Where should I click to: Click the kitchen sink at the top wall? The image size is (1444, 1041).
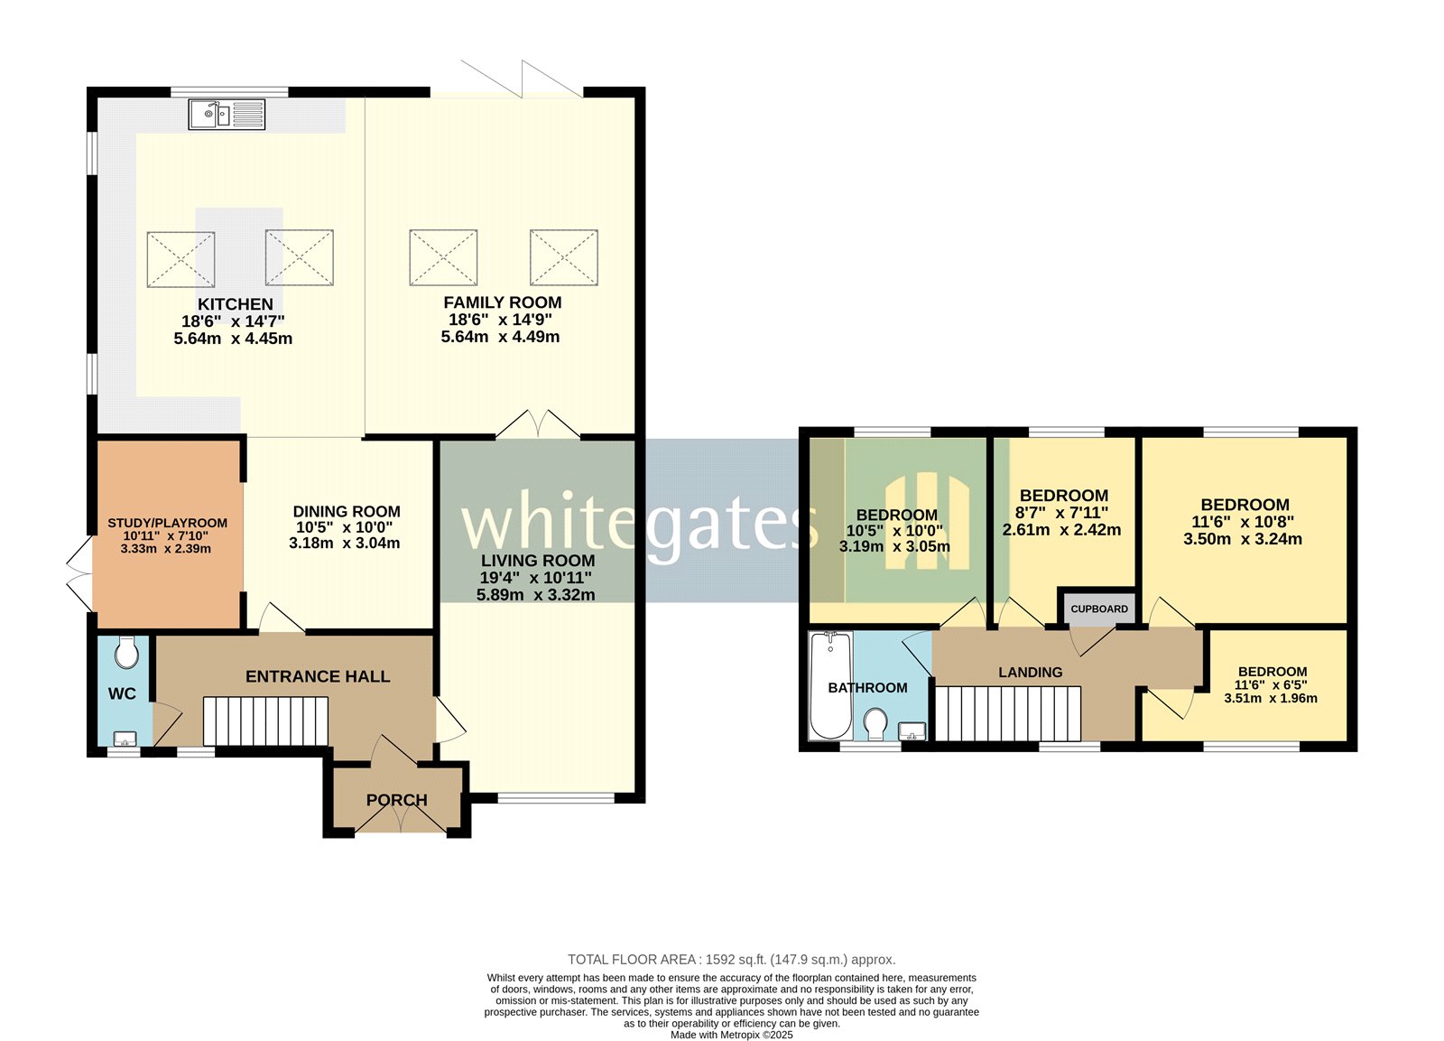pos(227,115)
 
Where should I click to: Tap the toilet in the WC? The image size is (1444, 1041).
pos(127,652)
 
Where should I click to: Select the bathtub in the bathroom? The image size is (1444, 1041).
pos(830,684)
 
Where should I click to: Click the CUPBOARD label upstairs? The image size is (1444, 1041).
pos(1098,609)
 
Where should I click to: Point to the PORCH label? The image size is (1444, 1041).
pos(396,800)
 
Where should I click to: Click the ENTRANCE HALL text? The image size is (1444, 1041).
pos(318,676)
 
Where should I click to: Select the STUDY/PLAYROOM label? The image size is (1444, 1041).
pos(167,523)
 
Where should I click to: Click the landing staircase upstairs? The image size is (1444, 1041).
pos(1008,713)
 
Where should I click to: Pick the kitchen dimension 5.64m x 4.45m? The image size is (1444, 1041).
pos(233,339)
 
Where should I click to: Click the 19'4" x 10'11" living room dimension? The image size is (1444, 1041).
pos(536,578)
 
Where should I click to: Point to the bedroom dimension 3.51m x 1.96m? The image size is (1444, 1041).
pos(1271,698)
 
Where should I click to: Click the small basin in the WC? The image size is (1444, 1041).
pos(125,739)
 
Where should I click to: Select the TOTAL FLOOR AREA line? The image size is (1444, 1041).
pos(731,960)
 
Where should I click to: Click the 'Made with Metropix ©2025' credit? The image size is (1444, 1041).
pos(731,1035)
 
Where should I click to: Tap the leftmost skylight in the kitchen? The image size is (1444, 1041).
pos(180,259)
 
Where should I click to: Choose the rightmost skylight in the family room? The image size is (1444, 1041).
pos(563,257)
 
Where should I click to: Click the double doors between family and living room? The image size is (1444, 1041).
pos(538,426)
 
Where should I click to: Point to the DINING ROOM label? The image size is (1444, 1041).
pos(347,511)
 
